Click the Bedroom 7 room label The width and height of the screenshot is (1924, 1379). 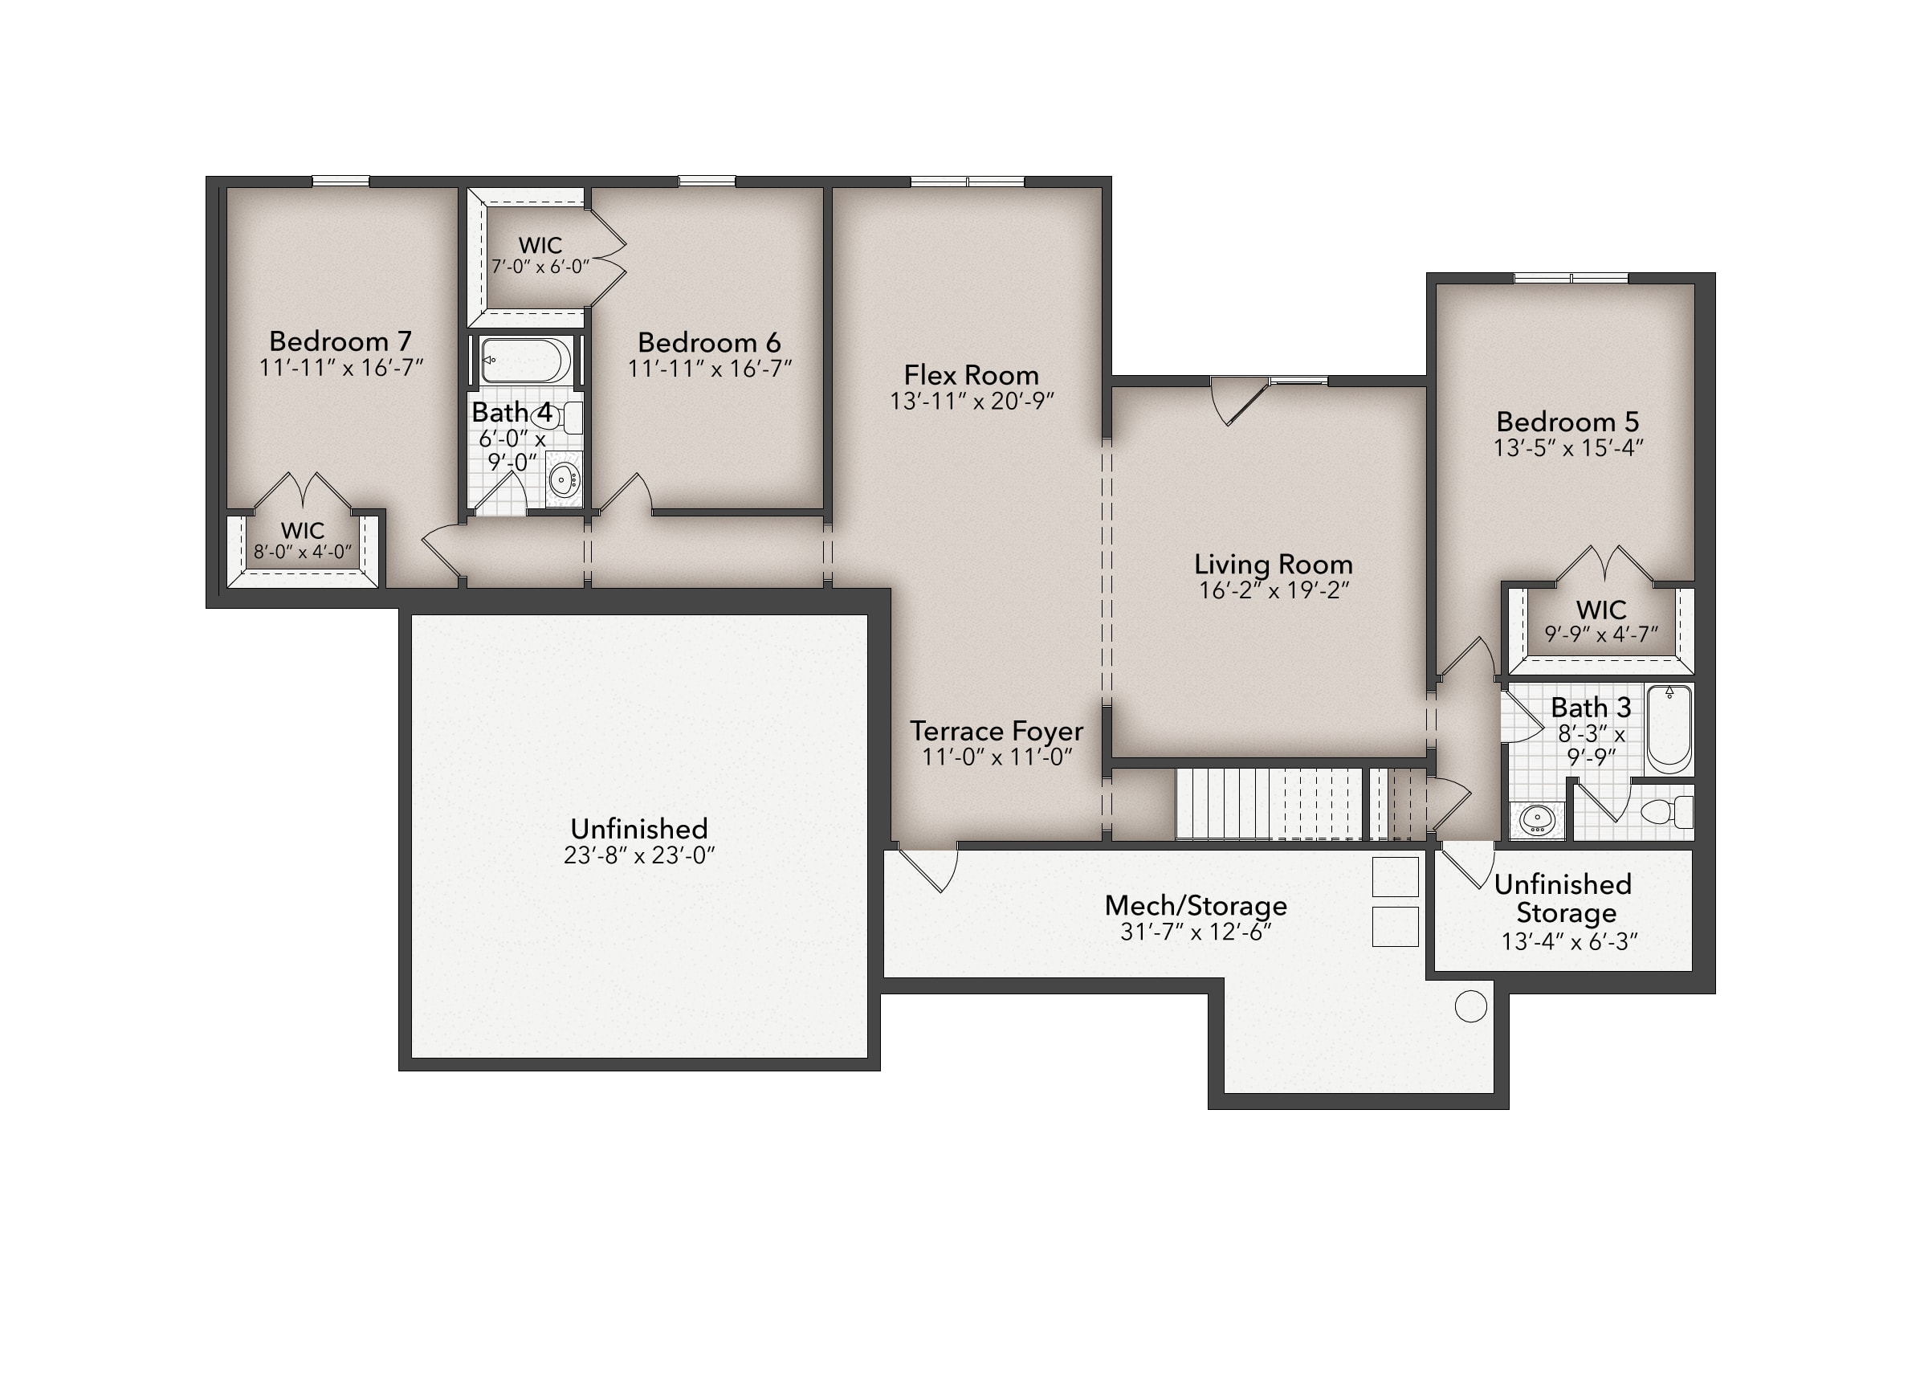click(x=340, y=341)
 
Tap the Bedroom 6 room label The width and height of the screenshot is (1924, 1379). click(x=709, y=343)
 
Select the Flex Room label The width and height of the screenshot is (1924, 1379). click(x=972, y=375)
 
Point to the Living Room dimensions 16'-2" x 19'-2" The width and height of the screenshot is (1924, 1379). click(x=1274, y=590)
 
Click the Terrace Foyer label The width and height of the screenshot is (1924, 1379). click(x=997, y=731)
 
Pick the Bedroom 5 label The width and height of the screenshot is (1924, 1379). click(x=1567, y=422)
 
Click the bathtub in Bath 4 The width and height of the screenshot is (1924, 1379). click(x=525, y=360)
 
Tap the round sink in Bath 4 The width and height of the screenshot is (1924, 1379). click(x=562, y=481)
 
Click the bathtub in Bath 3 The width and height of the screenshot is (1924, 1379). click(x=1669, y=730)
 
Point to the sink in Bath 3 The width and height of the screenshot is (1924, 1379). click(x=1536, y=820)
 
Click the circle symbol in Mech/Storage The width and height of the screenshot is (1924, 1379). click(x=1470, y=1006)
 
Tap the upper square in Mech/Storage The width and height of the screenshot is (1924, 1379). click(x=1396, y=876)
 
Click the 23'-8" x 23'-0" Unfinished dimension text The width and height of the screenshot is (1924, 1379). click(x=640, y=855)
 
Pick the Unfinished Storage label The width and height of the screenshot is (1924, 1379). click(x=1563, y=899)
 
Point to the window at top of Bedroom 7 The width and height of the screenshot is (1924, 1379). click(x=341, y=181)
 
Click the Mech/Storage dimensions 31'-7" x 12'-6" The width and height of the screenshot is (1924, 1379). click(x=1196, y=932)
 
